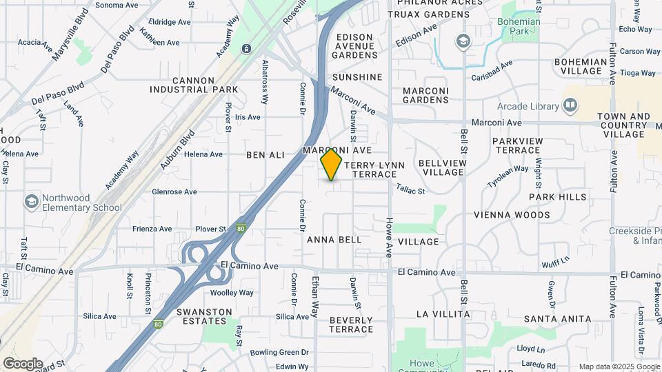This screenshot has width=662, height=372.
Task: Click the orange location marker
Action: click(x=332, y=165)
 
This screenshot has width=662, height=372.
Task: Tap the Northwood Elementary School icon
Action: click(x=31, y=201)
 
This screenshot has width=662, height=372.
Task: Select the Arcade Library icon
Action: click(x=570, y=105)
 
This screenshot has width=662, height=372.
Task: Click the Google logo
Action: click(x=23, y=364)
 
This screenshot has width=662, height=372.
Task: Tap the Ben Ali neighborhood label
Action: click(x=265, y=155)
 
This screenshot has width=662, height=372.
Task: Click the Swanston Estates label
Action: click(x=204, y=316)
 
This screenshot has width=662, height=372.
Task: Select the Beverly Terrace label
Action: click(x=351, y=324)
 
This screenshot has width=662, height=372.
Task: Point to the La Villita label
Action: click(x=443, y=314)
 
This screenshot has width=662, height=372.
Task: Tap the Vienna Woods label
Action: click(x=512, y=215)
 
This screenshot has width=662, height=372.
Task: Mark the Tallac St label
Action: click(x=410, y=188)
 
